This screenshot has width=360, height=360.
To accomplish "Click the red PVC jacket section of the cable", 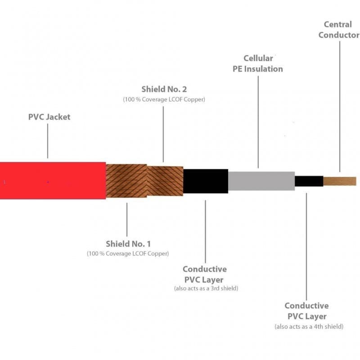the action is tap(53, 180).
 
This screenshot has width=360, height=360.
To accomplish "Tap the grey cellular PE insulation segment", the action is tap(261, 181).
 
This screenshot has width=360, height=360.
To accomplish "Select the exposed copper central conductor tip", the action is tap(340, 181).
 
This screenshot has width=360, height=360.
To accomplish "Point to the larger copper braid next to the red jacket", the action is tap(126, 181).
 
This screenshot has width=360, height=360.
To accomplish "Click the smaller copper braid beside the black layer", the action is tap(165, 181).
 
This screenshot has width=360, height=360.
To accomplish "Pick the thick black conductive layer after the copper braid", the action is tap(206, 181).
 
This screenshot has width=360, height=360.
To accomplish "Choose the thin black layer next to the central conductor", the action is tap(309, 181).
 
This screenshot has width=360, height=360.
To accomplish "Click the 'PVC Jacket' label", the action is tap(49, 117).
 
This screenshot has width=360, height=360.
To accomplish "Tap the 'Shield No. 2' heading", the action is tap(164, 89).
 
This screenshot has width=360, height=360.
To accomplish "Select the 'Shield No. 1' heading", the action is tap(128, 244).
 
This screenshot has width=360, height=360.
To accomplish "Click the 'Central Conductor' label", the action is tap(339, 30).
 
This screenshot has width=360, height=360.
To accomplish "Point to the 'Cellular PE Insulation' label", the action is tap(258, 63).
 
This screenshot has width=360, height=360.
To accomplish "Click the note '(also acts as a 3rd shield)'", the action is tap(206, 288).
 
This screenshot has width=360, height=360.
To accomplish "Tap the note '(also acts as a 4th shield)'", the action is tap(309, 326).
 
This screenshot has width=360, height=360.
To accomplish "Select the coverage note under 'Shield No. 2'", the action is tap(164, 99).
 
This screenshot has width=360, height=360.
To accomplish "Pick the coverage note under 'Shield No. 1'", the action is tap(128, 253).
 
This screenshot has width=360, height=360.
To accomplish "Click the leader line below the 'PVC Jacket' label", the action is tap(48, 141).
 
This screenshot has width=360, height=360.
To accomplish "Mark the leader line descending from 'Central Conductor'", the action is tap(340, 106).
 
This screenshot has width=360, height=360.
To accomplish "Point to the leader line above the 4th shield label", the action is tap(306, 247).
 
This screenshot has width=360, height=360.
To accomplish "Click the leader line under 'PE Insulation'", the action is tap(258, 122).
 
